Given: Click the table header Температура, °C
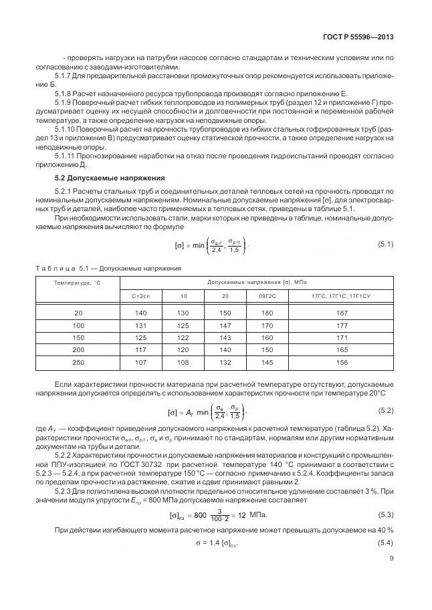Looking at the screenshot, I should point(77,283).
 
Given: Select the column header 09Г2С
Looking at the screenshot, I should point(267,295).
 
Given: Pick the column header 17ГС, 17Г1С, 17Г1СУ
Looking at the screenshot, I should point(342,295).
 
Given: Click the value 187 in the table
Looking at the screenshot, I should point(342,313).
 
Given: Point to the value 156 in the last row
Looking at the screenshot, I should point(342,362).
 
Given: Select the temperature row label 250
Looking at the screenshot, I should point(77,362).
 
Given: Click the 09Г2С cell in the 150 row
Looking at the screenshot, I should point(267,337).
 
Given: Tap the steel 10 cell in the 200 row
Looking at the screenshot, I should point(183,350).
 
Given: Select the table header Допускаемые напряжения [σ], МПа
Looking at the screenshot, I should point(257,283).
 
